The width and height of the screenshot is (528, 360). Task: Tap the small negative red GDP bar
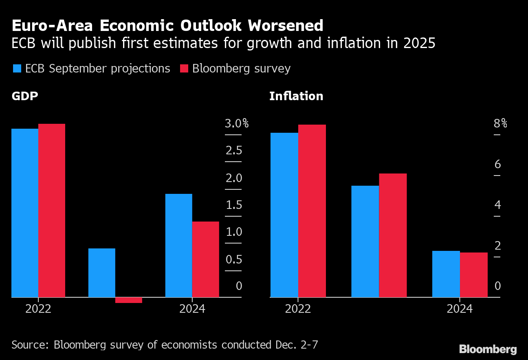pyautogui.click(x=129, y=300)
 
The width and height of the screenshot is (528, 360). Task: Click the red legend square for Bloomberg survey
pyautogui.click(x=184, y=68)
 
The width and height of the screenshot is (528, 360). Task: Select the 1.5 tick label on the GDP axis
pyautogui.click(x=234, y=205)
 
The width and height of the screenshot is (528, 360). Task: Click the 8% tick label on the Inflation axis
pyautogui.click(x=500, y=123)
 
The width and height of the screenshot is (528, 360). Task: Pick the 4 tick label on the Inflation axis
pyautogui.click(x=497, y=205)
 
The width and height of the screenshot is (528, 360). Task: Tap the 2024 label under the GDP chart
pyautogui.click(x=192, y=309)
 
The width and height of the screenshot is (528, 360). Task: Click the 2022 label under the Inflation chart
pyautogui.click(x=298, y=309)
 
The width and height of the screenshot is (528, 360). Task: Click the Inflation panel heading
pyautogui.click(x=296, y=96)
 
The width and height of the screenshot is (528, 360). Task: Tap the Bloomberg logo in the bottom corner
pyautogui.click(x=488, y=349)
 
